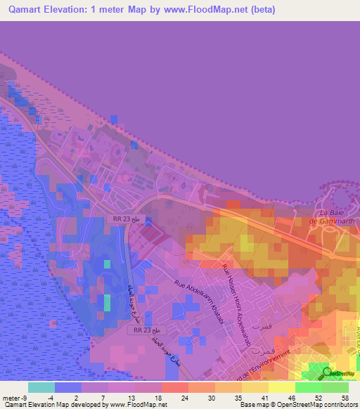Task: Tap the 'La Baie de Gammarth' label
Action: [x=335, y=217]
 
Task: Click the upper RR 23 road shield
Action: [x=121, y=219]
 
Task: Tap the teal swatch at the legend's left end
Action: [x=41, y=387]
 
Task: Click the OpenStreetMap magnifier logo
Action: [x=328, y=372]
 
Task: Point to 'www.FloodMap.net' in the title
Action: [x=201, y=10]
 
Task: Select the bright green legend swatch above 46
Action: [x=309, y=387]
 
